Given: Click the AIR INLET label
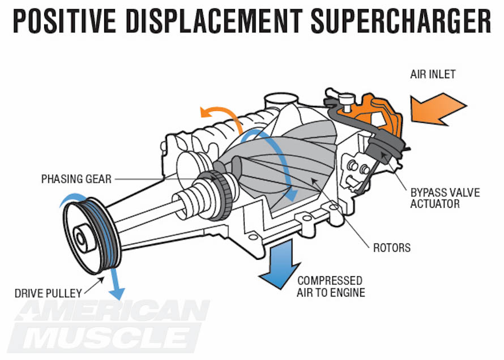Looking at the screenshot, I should pyautogui.click(x=433, y=74).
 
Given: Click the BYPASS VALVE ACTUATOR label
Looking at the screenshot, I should pyautogui.click(x=445, y=198).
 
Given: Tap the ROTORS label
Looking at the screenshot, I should pyautogui.click(x=391, y=248).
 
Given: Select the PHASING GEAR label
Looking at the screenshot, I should pyautogui.click(x=76, y=179).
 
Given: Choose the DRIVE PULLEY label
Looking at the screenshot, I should pyautogui.click(x=48, y=293).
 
